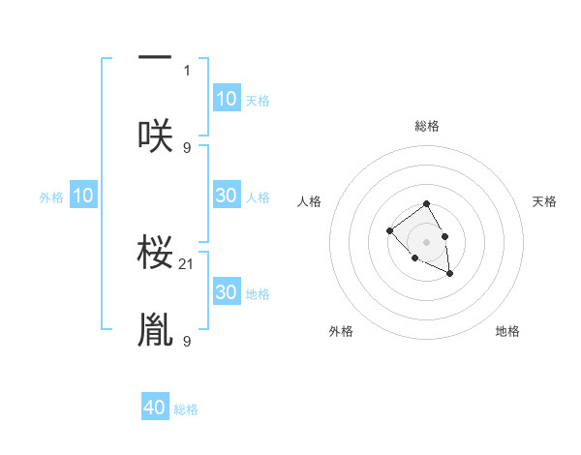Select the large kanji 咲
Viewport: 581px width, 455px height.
[155, 135]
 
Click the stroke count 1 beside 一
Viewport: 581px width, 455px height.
[187, 71]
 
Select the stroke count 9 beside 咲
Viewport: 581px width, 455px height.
[187, 147]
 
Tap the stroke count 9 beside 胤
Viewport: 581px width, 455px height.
[187, 341]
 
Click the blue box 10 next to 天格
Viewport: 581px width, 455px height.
[227, 99]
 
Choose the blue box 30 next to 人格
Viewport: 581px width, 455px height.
[227, 196]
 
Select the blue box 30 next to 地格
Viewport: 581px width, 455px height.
[227, 292]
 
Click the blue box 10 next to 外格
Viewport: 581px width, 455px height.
[83, 196]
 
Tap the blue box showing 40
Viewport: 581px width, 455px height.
[155, 408]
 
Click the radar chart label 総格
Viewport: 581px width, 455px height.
[426, 126]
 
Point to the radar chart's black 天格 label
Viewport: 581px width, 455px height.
[545, 201]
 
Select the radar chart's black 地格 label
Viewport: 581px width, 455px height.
[507, 331]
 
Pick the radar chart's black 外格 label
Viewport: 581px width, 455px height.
[341, 331]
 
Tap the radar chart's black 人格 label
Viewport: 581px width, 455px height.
[310, 201]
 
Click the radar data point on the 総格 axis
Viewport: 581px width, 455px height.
[426, 204]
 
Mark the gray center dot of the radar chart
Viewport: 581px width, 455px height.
[426, 241]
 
